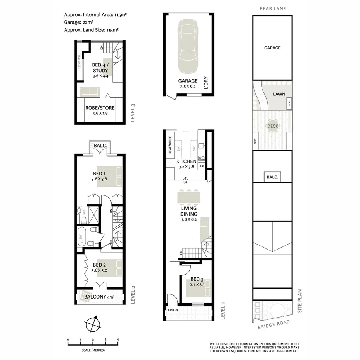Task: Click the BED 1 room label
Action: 99,174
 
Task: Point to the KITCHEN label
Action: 187,161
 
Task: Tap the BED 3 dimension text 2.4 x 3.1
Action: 197,285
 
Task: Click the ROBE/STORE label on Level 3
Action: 100,108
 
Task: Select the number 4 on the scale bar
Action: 117,340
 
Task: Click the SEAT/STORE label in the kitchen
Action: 170,144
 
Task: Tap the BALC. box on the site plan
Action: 272,177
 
